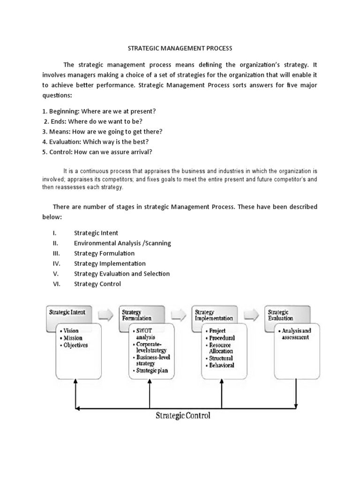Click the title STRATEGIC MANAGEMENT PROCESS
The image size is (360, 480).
coord(180,48)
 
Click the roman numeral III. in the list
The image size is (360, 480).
coord(56,253)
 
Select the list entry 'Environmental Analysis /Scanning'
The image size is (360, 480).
coord(122,243)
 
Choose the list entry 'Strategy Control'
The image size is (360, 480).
coord(97,284)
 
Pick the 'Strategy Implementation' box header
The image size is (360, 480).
coord(213,315)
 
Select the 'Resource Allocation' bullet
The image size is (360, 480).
coord(220,348)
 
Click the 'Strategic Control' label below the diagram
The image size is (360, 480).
coord(183,415)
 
